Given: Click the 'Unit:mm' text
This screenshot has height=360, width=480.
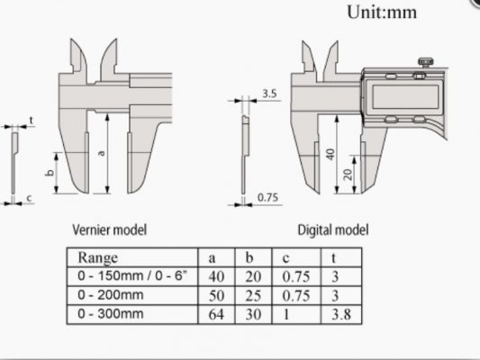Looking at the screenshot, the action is [382, 13].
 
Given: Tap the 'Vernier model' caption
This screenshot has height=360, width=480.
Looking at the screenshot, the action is [110, 229].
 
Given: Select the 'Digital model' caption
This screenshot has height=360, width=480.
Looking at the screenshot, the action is [333, 229].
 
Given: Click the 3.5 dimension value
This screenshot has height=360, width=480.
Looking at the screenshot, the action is [269, 94].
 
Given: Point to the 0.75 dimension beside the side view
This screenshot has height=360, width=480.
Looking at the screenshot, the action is [267, 198].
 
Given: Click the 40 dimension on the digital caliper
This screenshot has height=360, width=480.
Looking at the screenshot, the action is [331, 154].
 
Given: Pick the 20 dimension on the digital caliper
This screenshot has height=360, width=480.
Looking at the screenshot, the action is [348, 175].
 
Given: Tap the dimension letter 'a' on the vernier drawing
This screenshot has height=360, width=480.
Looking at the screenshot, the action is [102, 153].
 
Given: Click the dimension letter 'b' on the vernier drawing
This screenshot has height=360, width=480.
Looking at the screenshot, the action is [50, 173].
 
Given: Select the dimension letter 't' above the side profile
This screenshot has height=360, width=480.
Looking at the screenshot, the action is [32, 121].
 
